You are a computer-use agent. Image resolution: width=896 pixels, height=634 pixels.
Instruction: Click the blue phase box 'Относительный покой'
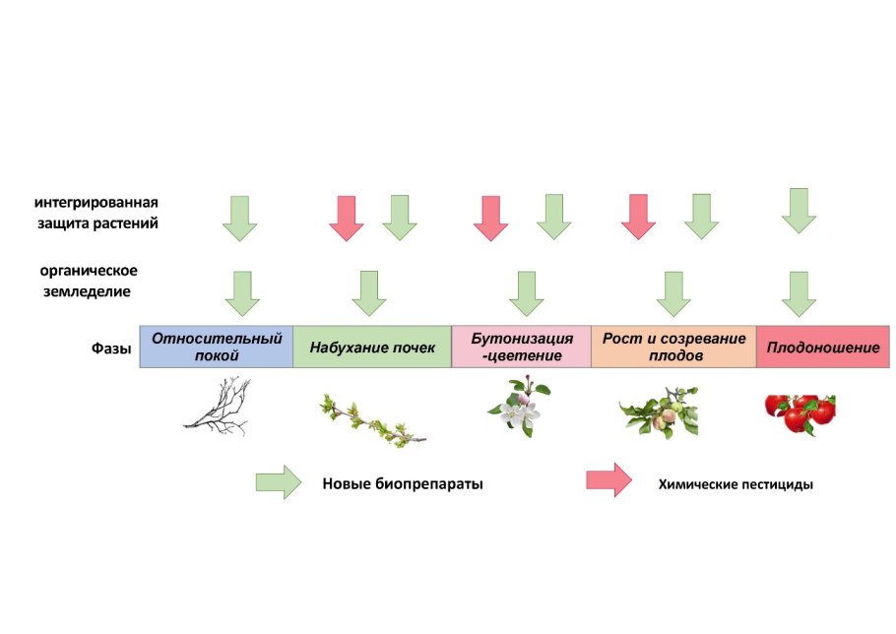[x=217, y=347]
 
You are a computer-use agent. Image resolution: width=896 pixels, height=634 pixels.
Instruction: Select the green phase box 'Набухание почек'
[x=372, y=347]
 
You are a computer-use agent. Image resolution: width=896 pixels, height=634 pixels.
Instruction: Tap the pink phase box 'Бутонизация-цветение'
[x=521, y=347]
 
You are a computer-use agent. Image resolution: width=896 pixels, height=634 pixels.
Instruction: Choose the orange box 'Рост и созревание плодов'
[x=673, y=347]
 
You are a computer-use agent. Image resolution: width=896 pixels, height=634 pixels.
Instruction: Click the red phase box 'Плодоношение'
[x=823, y=347]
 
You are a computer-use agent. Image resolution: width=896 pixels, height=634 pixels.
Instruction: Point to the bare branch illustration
[x=218, y=406]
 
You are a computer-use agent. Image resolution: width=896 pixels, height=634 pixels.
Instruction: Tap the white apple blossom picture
[x=518, y=406]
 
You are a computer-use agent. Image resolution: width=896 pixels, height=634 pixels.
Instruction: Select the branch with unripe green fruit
[x=659, y=411]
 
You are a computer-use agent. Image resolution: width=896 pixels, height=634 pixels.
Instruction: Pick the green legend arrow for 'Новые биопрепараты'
[x=278, y=482]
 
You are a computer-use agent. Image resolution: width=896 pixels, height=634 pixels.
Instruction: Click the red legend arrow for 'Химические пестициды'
[x=608, y=479]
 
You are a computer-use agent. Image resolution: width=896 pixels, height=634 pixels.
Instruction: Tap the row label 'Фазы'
[x=110, y=347]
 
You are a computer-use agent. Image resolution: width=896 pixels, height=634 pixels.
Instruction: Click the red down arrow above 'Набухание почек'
[x=346, y=217]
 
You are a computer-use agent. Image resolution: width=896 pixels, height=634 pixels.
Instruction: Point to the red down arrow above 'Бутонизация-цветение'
[x=490, y=217]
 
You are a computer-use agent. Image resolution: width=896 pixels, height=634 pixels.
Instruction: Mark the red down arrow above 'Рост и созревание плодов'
[x=638, y=216]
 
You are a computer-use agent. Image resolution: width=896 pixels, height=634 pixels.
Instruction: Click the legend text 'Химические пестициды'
[x=736, y=484]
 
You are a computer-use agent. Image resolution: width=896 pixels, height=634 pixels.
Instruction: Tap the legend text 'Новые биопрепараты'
[x=403, y=484]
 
